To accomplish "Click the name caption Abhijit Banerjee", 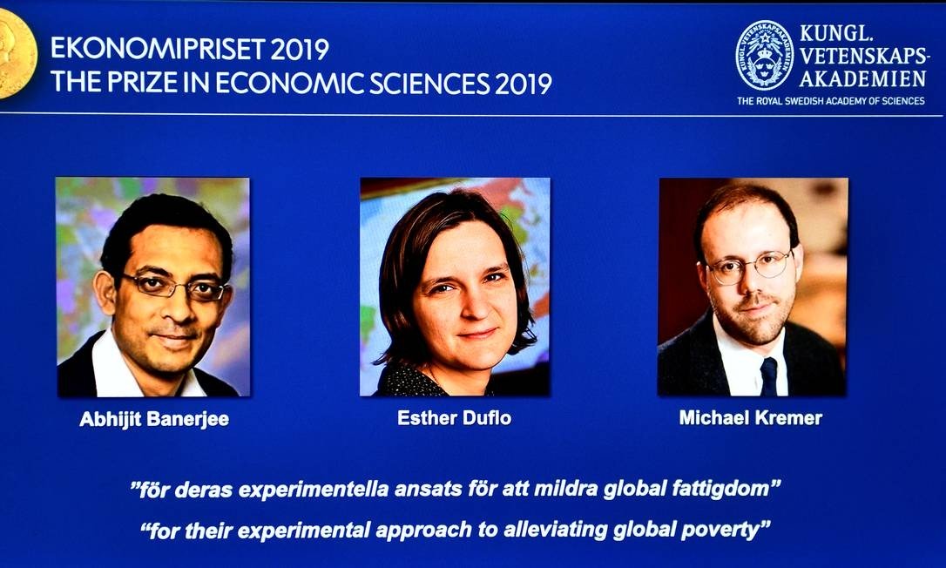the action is point(154,419).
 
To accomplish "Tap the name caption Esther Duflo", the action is point(455,417).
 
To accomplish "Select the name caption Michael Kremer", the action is point(751,417).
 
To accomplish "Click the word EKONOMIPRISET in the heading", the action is point(158,49).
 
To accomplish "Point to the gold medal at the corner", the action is point(15,53).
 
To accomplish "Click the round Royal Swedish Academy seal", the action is point(765,56).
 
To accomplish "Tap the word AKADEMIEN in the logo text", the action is point(862,78).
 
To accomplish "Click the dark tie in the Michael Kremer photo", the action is point(768,376).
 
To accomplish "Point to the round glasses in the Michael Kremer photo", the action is point(749,267).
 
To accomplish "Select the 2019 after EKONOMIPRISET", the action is point(300,49).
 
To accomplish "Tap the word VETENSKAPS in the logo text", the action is point(862,56).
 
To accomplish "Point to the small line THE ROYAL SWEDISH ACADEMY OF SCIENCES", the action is point(831,101).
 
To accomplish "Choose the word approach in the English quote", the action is point(422,531).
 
